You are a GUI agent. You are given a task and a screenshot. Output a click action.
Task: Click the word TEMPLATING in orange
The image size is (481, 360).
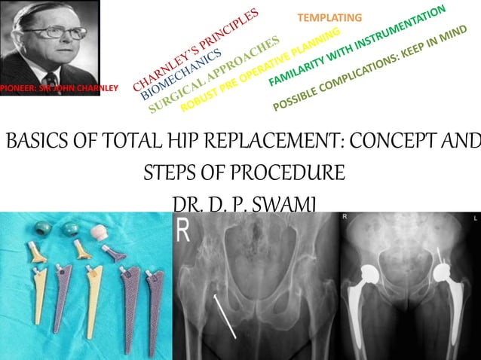tap(329, 17)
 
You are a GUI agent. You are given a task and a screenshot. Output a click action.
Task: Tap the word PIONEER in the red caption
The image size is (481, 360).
tap(17, 89)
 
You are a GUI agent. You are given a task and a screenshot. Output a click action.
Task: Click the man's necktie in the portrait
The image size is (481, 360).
tap(51, 77)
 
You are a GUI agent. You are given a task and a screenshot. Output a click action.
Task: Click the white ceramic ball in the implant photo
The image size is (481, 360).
tap(99, 230)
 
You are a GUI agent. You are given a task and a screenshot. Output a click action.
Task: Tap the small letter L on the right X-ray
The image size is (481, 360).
tap(475, 218)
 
